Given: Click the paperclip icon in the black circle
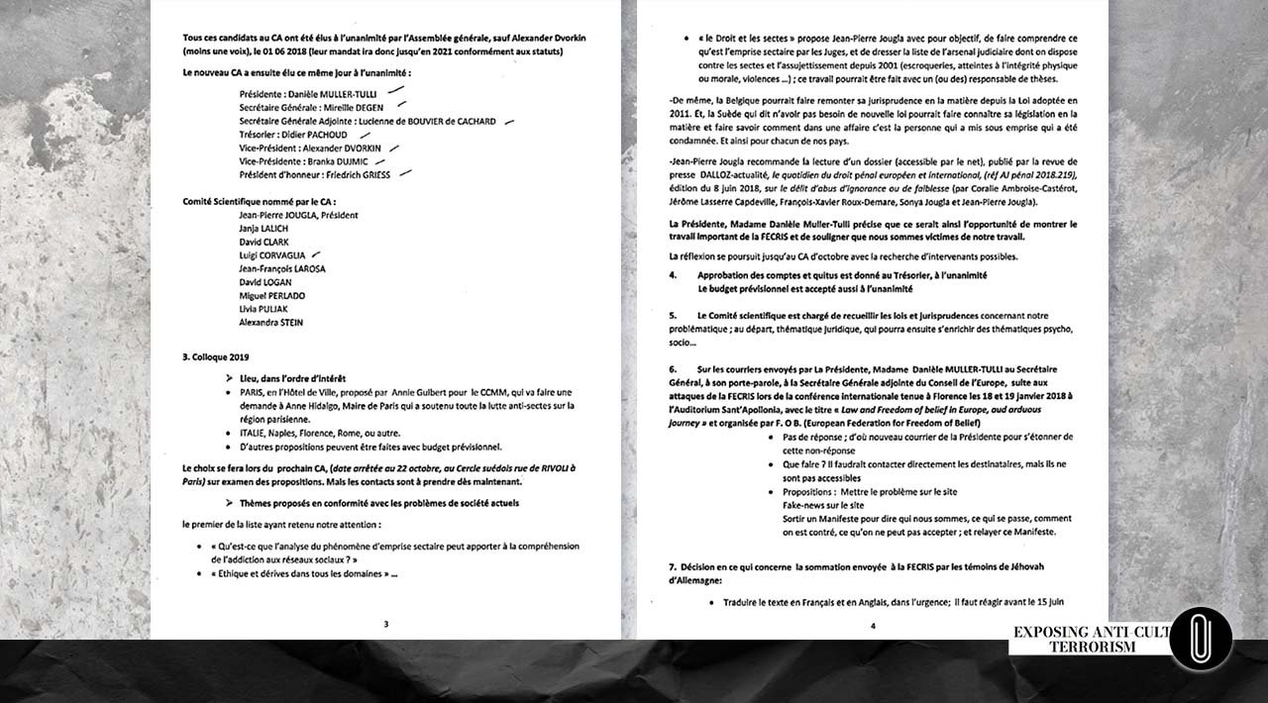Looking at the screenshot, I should pyautogui.click(x=1200, y=640).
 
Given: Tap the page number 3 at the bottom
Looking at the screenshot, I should pyautogui.click(x=386, y=624).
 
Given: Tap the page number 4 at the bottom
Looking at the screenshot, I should pyautogui.click(x=873, y=625).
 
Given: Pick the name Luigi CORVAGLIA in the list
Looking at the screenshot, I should pyautogui.click(x=272, y=255).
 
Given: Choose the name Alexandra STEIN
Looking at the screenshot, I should pyautogui.click(x=271, y=323).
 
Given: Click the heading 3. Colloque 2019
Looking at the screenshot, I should pyautogui.click(x=216, y=356).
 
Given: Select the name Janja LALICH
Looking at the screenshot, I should pyautogui.click(x=262, y=229).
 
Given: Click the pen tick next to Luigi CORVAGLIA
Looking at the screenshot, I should pyautogui.click(x=316, y=254).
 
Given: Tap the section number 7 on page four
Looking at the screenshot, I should pyautogui.click(x=672, y=566).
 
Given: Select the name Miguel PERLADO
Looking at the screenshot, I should pyautogui.click(x=272, y=296).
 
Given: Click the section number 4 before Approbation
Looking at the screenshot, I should pyautogui.click(x=673, y=275).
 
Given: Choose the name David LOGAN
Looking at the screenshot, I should pyautogui.click(x=265, y=282).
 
